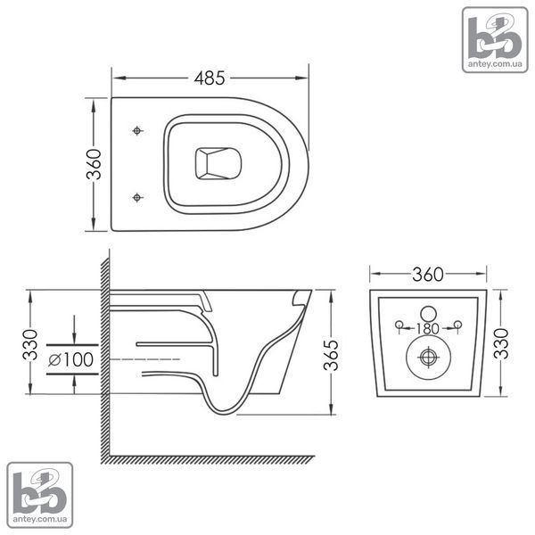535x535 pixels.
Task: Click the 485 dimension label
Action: [x=210, y=78]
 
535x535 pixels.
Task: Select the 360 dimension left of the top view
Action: [x=94, y=164]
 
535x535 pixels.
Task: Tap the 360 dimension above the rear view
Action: [x=428, y=275]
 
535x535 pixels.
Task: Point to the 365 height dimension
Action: [x=331, y=355]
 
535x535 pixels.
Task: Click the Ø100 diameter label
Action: [x=71, y=359]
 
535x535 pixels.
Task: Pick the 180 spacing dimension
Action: [x=427, y=328]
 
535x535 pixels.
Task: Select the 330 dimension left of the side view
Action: [x=30, y=344]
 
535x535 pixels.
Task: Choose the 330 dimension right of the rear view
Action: [x=501, y=343]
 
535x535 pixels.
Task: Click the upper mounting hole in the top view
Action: [x=137, y=131]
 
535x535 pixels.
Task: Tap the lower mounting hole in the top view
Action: [x=137, y=197]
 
